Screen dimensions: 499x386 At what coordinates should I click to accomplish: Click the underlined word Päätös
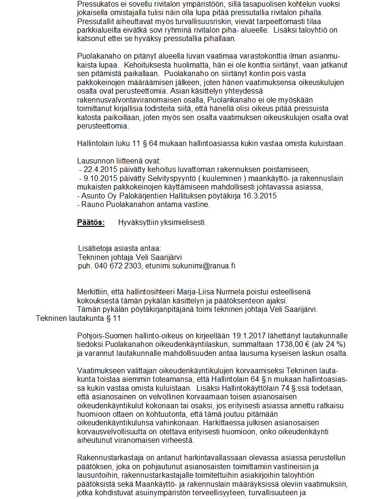point(91,223)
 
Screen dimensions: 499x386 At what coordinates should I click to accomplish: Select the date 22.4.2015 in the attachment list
point(97,170)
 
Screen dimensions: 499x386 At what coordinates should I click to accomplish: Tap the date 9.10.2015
point(99,179)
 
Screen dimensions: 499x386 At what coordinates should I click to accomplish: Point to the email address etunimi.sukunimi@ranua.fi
point(190,266)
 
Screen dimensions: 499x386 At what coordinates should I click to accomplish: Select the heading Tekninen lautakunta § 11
point(78,318)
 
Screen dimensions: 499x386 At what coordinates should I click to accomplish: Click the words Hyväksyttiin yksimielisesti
point(162,223)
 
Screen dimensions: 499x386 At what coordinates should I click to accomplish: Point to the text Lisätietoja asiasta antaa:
point(119,249)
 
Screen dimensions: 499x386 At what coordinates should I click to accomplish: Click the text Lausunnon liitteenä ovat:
point(119,161)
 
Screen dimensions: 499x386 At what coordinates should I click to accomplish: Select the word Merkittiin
point(93,292)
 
